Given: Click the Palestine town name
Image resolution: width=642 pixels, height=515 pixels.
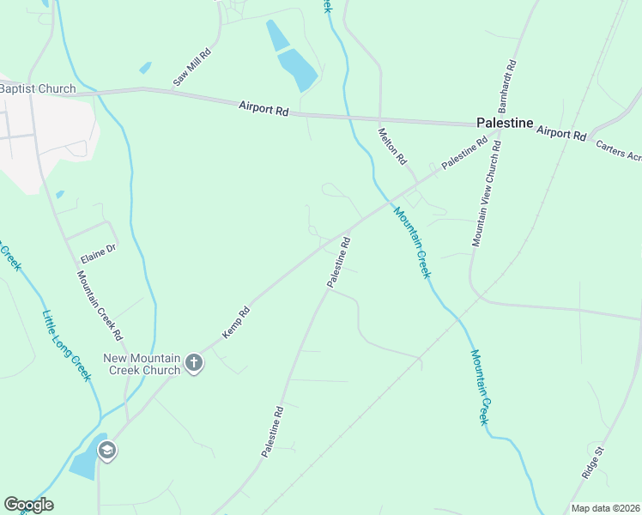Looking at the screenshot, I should (505, 123).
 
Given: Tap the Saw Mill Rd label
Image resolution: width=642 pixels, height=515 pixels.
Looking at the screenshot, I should (192, 67).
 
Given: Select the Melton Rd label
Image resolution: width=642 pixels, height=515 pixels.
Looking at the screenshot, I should (391, 146).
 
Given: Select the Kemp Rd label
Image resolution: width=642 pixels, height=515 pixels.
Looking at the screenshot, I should (236, 322).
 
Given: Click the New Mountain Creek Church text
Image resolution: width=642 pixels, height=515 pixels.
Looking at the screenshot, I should (142, 364).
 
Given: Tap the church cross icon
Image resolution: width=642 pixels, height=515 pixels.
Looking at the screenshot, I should (194, 363).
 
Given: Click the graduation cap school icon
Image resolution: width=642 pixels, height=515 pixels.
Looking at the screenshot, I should (107, 451).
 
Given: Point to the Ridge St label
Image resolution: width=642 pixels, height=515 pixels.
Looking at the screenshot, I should (593, 462).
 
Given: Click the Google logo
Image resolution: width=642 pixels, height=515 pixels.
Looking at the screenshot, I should (28, 505).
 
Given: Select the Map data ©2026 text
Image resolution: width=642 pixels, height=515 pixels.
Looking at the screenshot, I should (605, 508).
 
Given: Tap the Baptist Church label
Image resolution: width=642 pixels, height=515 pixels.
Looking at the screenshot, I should (38, 88).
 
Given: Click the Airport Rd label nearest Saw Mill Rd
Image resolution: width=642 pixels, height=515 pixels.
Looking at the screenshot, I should (263, 110).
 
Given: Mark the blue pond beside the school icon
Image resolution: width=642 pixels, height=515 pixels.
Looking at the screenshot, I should (84, 463).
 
